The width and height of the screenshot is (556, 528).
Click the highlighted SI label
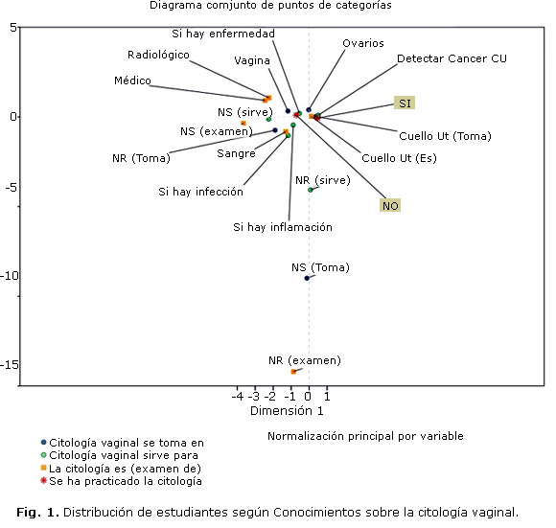405,103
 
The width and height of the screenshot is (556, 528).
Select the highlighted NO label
390,205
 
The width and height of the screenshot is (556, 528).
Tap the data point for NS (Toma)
307,278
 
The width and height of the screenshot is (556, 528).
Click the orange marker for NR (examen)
293,372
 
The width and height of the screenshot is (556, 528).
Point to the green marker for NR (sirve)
311,190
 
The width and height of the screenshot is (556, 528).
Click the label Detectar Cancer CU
452,58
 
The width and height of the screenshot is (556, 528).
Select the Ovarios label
363,43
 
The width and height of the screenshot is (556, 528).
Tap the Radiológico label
158,55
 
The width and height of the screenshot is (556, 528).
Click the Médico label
132,80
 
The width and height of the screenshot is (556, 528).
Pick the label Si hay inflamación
283,227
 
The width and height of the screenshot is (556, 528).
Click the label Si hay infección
200,192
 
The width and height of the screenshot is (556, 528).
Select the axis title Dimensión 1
287,411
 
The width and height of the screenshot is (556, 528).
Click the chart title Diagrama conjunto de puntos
270,5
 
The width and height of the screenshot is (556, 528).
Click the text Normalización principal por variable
365,436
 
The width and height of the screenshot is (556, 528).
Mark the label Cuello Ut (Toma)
445,136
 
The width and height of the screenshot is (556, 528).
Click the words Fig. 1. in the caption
37,513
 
